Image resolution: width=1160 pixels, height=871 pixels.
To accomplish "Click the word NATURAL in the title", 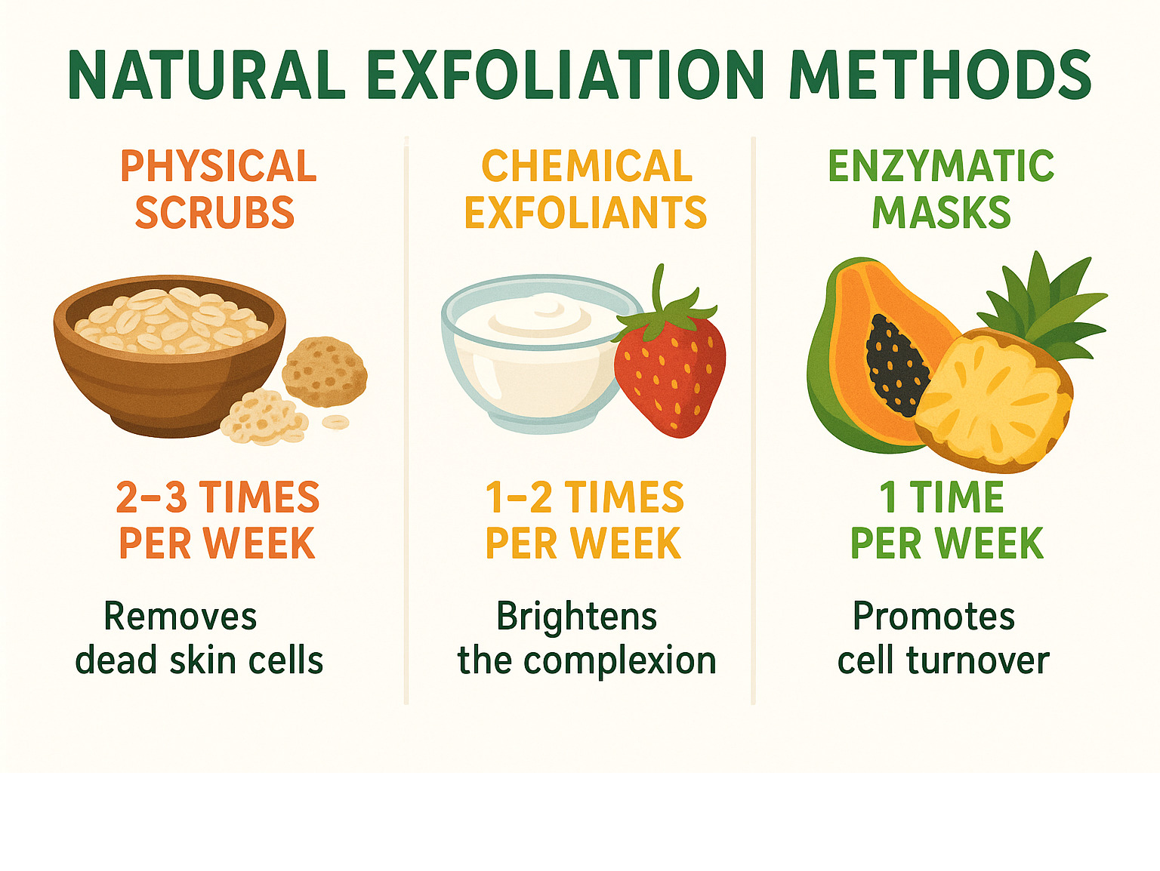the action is point(207,75).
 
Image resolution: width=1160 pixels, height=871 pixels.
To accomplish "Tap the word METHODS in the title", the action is point(940,75).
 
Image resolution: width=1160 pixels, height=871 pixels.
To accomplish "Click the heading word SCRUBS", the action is point(214,212).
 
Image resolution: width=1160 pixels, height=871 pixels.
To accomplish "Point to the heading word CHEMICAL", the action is point(587,166).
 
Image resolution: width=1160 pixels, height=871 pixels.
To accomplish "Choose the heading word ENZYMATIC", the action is point(941,166).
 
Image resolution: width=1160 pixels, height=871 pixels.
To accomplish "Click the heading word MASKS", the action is point(941,212).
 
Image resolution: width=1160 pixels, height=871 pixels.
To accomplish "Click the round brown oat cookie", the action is point(325,372).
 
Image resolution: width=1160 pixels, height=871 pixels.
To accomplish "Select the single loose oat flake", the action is point(335,422).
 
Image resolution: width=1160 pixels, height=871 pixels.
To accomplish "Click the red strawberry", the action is point(670,377).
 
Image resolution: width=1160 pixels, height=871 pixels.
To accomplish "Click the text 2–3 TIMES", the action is point(217,497).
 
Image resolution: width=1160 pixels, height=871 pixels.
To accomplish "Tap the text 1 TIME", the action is point(941,497).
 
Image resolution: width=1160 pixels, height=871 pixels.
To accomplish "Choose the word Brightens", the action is point(576,617).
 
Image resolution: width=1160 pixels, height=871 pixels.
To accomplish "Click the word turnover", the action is point(978,660).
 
